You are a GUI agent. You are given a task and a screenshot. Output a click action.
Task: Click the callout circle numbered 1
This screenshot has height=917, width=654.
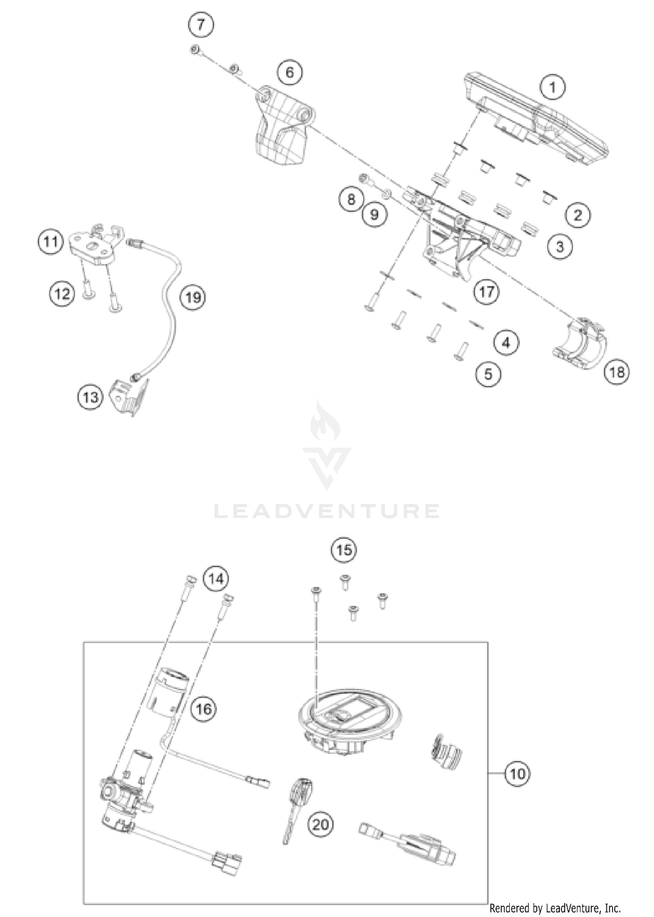(x=552, y=87)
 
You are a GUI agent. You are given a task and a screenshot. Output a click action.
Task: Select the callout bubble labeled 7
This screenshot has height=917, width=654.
(x=201, y=24)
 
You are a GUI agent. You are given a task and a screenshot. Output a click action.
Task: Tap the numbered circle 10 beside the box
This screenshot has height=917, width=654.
(x=518, y=774)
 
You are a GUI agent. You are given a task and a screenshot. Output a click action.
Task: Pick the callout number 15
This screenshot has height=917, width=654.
(x=344, y=550)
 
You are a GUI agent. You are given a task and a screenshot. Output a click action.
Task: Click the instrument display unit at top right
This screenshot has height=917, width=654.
(x=536, y=120)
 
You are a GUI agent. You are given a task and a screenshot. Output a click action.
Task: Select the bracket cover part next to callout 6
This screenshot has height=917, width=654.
(x=281, y=129)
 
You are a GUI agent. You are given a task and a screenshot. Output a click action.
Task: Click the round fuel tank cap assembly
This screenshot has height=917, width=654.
(x=349, y=719)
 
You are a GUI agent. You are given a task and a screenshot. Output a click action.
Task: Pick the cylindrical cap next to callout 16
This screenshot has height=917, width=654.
(x=170, y=689)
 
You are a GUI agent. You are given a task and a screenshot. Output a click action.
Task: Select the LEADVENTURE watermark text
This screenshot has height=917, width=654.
(x=327, y=511)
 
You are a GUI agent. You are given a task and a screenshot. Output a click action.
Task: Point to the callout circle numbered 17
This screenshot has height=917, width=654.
(x=487, y=291)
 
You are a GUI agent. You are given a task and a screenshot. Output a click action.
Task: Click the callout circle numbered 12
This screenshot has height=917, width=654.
(x=62, y=293)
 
